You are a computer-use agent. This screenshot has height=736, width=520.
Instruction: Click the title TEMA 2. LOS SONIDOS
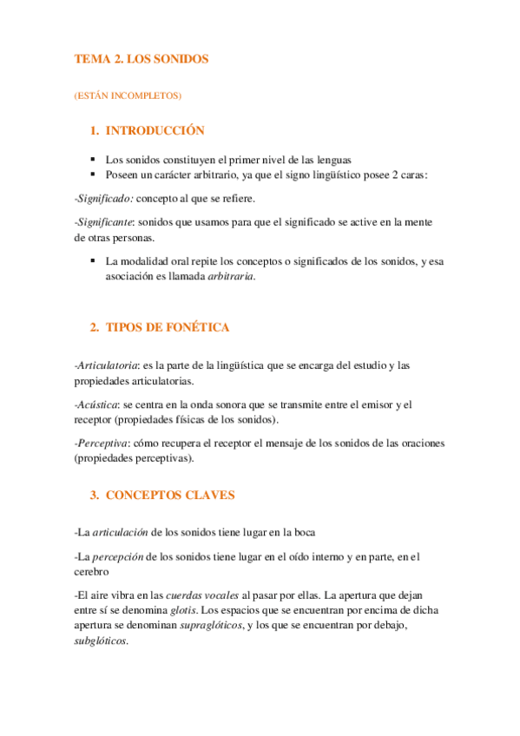click(x=141, y=59)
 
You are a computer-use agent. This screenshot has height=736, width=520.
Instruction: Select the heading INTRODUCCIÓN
click(x=155, y=131)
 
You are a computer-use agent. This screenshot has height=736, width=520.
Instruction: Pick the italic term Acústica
click(x=98, y=404)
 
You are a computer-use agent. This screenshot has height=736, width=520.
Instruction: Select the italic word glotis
click(x=182, y=610)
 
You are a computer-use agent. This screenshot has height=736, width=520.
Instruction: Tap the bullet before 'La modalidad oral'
click(x=92, y=261)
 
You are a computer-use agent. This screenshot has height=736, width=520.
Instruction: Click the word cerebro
click(x=91, y=572)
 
